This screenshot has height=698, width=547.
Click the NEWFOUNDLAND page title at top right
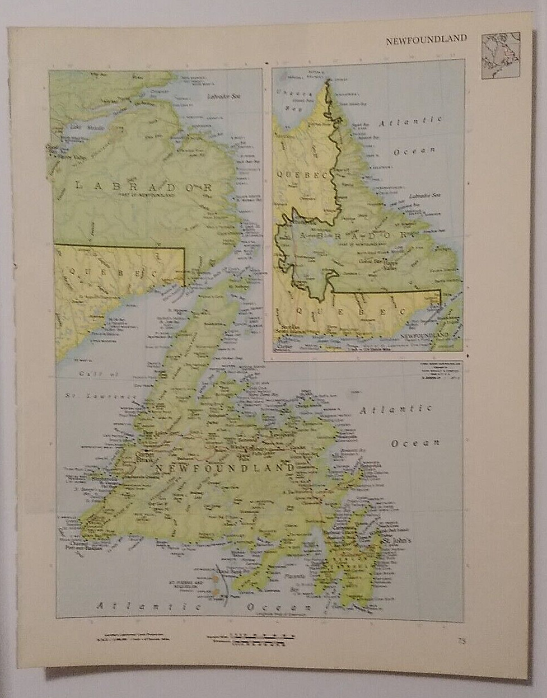point(426,39)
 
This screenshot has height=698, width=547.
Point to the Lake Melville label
point(84,128)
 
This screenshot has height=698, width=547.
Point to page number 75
point(461,641)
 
